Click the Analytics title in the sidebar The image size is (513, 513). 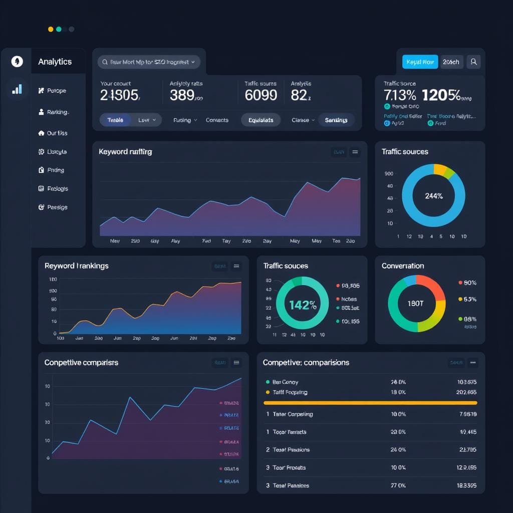tap(55, 62)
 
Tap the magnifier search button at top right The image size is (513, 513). tap(473, 62)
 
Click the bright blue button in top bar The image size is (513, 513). tap(420, 62)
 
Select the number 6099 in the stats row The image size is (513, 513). tap(261, 95)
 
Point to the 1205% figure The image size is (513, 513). tap(441, 95)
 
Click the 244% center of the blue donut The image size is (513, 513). tap(433, 196)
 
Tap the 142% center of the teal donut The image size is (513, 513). tap(302, 305)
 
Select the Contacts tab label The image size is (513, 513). tap(217, 120)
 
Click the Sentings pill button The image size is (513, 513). tap(336, 120)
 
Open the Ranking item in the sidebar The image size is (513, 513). tap(57, 112)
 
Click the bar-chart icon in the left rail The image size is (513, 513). tap(17, 89)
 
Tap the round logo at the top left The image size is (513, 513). tap(17, 62)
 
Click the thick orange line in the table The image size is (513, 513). tap(370, 403)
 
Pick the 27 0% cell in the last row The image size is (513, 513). tap(398, 485)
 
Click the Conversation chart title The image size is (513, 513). tap(402, 266)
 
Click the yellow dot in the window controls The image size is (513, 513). tap(51, 29)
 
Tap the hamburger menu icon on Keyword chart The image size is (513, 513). tap(355, 152)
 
